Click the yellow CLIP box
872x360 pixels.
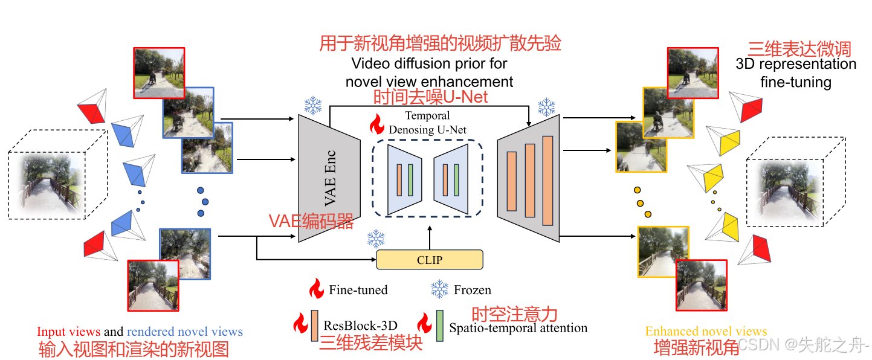point(430,260)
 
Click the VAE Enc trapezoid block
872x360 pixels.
point(329,178)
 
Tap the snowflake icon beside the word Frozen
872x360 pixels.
point(439,289)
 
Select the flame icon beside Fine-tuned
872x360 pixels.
point(317,289)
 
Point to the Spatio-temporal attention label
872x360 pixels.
point(518,328)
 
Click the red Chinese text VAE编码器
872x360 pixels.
point(311,222)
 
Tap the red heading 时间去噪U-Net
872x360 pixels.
point(430,97)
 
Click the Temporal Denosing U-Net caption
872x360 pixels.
point(427,122)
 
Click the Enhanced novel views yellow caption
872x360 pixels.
point(706,331)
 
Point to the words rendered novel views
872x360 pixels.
point(184,332)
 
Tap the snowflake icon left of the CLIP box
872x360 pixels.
point(376,239)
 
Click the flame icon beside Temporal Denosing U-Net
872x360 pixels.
point(376,124)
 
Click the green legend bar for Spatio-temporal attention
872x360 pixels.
point(440,326)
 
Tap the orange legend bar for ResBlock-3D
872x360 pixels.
point(314,326)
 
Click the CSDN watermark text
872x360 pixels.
point(804,345)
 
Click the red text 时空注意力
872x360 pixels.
point(514,314)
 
